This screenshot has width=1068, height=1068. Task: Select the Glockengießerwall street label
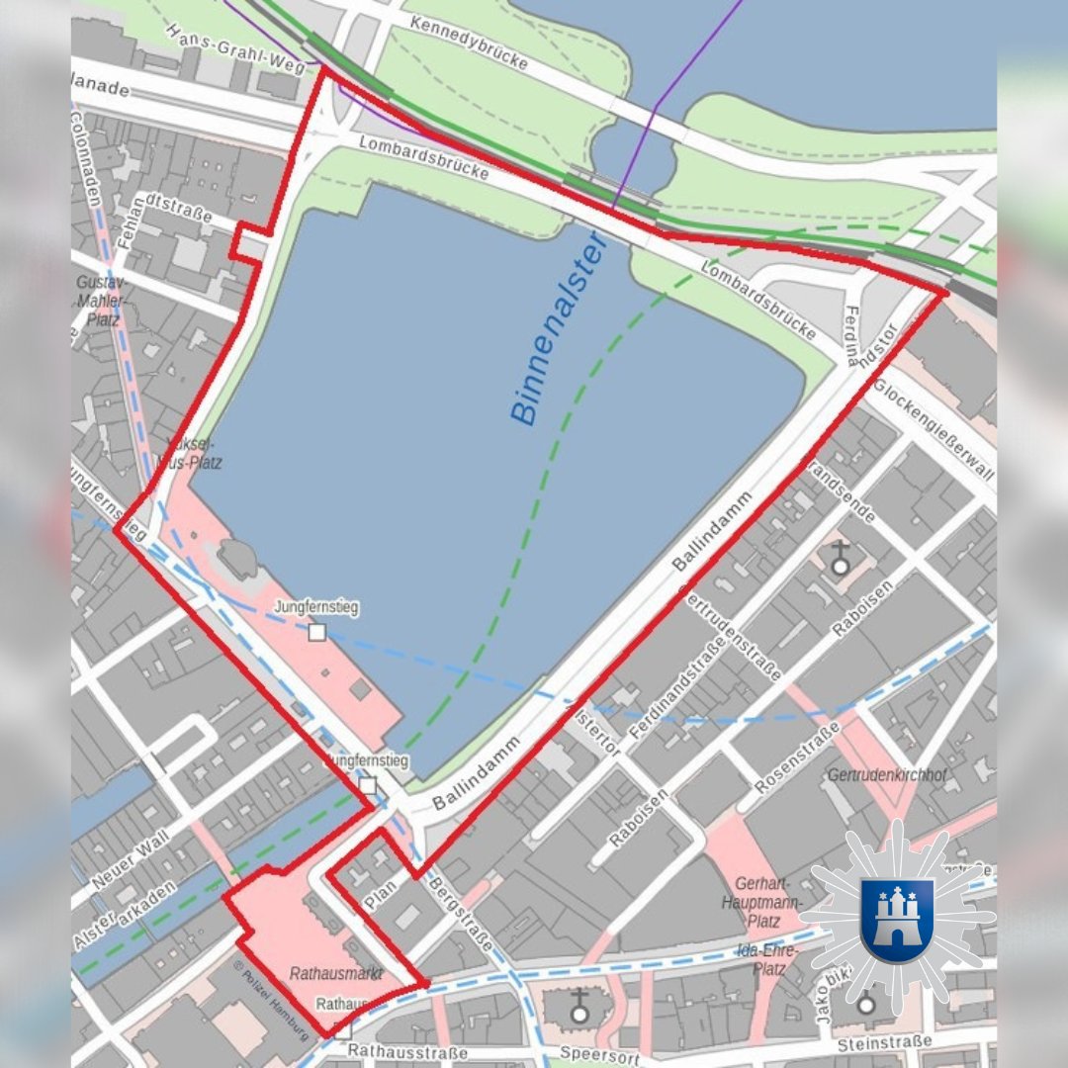point(933,430)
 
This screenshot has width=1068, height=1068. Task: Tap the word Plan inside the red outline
point(380,894)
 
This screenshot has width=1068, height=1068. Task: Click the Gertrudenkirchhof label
point(887,774)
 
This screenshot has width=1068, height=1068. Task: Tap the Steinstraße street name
point(883,1042)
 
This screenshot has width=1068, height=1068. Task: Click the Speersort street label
point(595,1052)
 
